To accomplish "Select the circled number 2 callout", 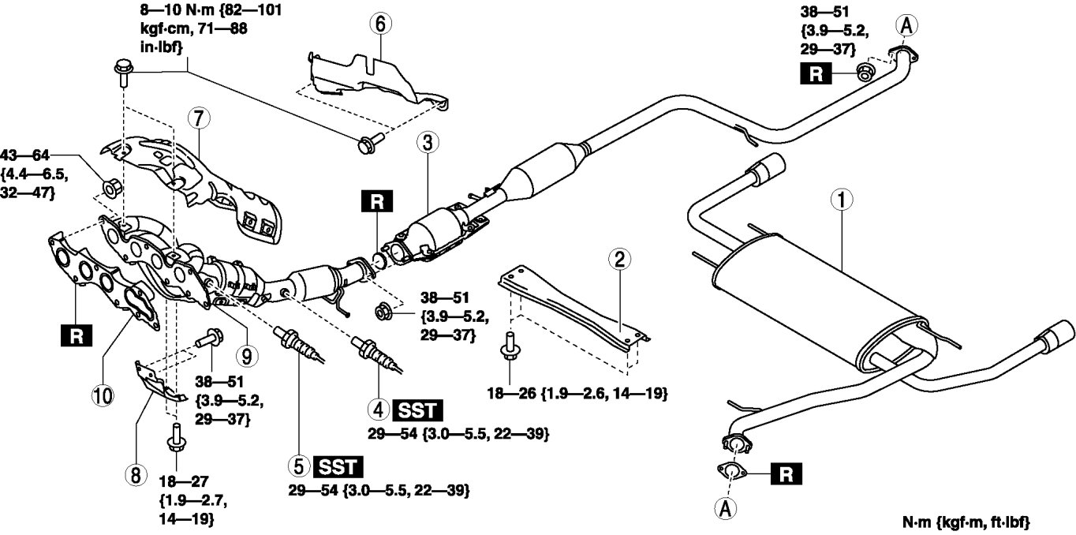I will [620, 258].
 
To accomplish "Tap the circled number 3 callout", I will [427, 144].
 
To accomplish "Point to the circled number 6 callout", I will [379, 24].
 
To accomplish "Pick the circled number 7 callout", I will [196, 118].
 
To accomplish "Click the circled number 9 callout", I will [248, 357].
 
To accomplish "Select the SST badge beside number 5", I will [338, 466].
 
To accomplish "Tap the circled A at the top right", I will [906, 25].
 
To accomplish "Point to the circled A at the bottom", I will [727, 508].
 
